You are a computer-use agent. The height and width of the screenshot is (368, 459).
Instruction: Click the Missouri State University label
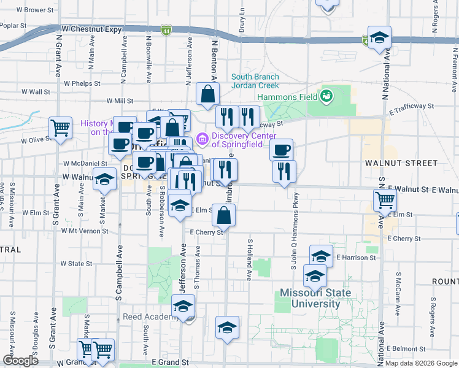pyautogui.click(x=315, y=298)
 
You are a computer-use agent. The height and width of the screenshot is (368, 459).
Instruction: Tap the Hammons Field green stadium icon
pyautogui.click(x=326, y=96)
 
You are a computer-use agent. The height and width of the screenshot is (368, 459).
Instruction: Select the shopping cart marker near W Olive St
pyautogui.click(x=60, y=128)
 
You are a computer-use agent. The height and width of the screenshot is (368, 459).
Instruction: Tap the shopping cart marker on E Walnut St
pyautogui.click(x=385, y=200)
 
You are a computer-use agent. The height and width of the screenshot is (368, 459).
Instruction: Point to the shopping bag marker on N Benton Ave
pyautogui.click(x=208, y=94)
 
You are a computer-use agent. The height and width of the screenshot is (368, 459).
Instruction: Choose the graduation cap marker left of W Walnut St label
pyautogui.click(x=104, y=180)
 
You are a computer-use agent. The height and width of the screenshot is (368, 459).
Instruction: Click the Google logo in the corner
pyautogui.click(x=21, y=361)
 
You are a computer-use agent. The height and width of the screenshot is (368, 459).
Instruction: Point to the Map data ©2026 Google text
pyautogui.click(x=420, y=363)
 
